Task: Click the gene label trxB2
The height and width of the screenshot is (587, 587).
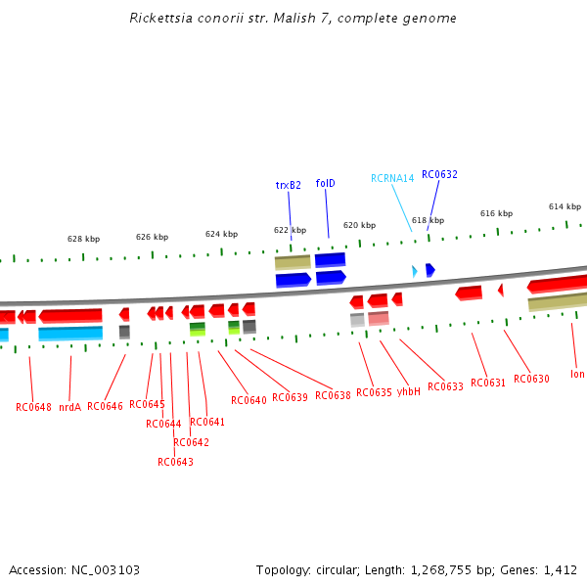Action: coord(288,184)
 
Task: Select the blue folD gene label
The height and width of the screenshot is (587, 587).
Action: coord(325,183)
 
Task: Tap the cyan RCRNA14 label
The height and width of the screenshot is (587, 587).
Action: coord(392,178)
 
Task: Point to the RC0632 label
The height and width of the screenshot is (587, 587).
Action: coord(439,174)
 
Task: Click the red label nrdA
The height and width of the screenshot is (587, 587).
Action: coord(69,406)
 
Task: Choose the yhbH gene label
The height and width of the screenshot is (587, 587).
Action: coord(408,391)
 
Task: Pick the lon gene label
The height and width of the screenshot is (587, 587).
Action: coord(577,374)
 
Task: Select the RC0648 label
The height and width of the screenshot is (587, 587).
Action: coord(33,406)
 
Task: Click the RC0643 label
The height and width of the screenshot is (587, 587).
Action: coord(175,462)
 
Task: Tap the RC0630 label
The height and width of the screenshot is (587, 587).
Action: coord(531,379)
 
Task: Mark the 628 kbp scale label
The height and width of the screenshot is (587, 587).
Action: coord(83,239)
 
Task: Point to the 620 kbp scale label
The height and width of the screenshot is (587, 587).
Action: coord(359,225)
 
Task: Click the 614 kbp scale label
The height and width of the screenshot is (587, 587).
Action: coord(564,206)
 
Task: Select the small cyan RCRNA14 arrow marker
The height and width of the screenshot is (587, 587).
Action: coord(415,270)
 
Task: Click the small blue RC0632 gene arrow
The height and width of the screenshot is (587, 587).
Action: coord(429,269)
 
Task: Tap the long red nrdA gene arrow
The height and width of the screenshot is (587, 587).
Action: coord(69,315)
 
